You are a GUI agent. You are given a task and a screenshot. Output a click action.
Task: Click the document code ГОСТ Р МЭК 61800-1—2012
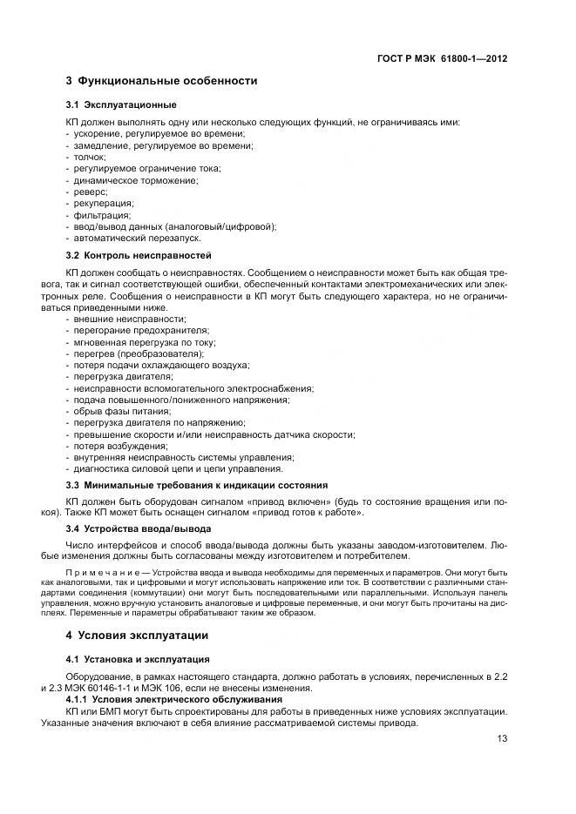443,58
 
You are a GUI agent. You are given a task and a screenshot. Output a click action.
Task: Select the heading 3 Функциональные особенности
161,81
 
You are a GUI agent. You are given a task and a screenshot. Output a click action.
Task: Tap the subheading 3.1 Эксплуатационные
118,104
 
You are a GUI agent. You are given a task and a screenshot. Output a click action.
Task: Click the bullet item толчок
88,157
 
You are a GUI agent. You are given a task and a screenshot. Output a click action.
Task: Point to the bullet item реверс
90,192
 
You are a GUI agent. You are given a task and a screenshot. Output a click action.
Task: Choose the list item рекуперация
103,203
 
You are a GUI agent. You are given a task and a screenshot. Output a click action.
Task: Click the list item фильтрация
102,215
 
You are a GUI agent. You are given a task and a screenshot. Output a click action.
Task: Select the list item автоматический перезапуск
137,238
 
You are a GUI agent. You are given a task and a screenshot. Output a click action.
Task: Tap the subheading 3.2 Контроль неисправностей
139,256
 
